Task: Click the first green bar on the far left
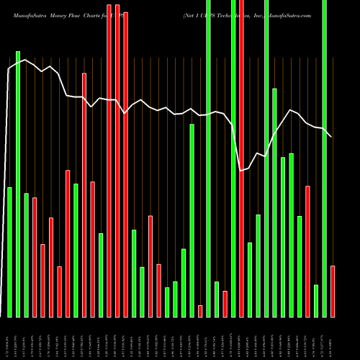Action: point(9,252)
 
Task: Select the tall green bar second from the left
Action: point(18,184)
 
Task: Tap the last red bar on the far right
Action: point(333,291)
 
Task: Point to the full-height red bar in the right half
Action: point(241,158)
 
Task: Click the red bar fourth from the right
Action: point(308,251)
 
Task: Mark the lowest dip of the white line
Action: point(241,170)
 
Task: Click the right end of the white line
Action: point(331,137)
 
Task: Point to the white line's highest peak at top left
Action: point(25,60)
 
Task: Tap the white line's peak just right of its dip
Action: point(291,110)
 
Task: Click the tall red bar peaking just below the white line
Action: point(84,194)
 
